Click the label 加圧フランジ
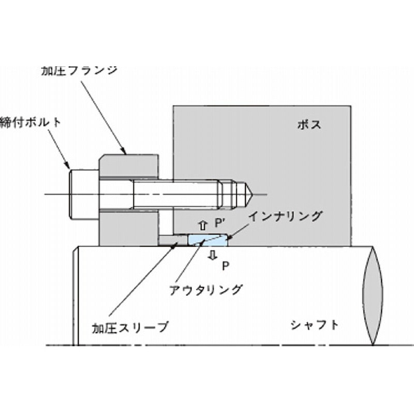tap(79, 71)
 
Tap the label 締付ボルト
tap(30, 123)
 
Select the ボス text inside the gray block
tap(309, 125)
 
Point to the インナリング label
tap(286, 216)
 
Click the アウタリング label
tap(205, 290)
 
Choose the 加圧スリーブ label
tap(130, 328)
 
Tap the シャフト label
tap(315, 325)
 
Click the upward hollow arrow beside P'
tap(203, 226)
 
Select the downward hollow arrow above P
tap(213, 255)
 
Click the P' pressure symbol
tap(219, 224)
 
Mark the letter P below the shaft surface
tap(225, 266)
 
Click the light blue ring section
tap(208, 240)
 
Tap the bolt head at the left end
tap(84, 195)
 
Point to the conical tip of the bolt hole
tap(248, 195)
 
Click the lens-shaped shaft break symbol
tap(373, 295)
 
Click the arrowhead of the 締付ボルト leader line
tap(68, 166)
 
